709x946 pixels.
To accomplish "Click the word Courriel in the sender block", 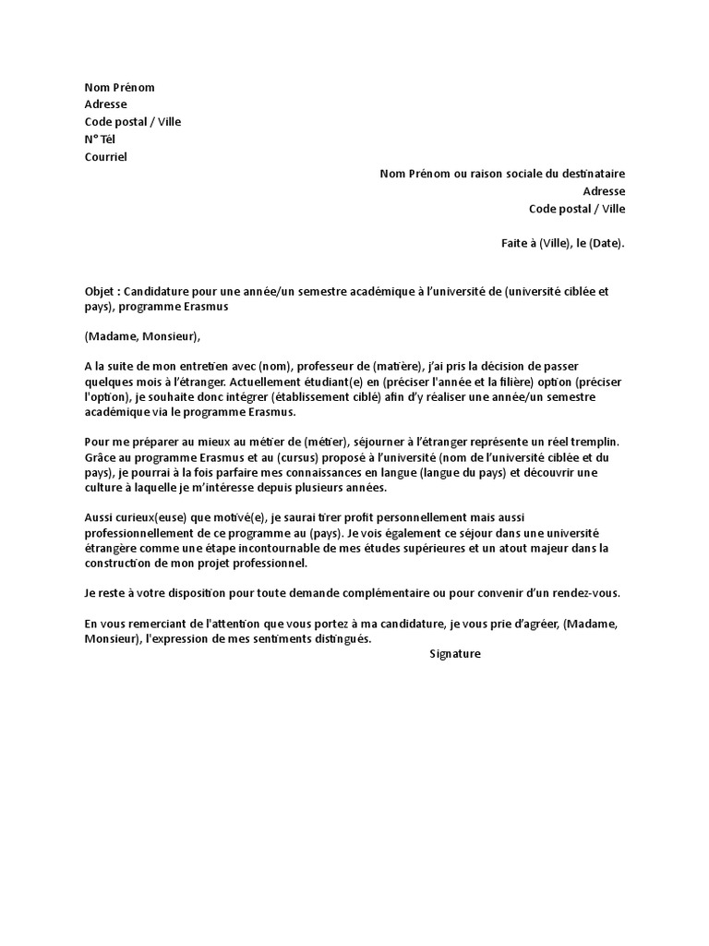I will tap(106, 156).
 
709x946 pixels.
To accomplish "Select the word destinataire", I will tap(591, 174).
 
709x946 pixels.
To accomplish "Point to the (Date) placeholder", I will tap(607, 244).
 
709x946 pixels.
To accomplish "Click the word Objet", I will tap(101, 290).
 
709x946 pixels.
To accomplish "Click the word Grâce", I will tap(101, 457).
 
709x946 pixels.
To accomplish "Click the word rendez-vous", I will tap(590, 592).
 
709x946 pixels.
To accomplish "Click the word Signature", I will tap(455, 654).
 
